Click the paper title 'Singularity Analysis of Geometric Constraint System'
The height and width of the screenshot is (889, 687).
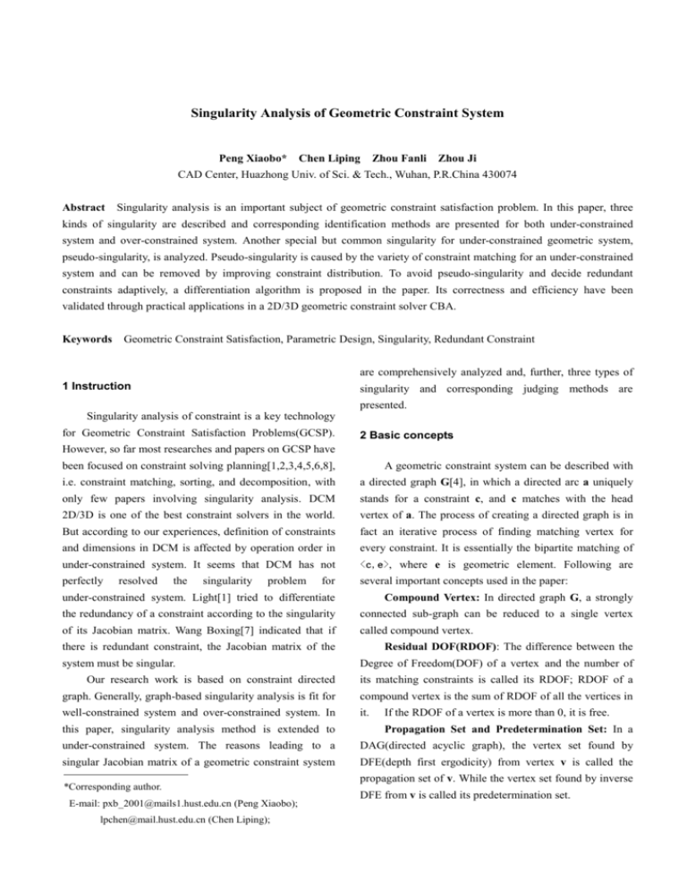click(343, 114)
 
